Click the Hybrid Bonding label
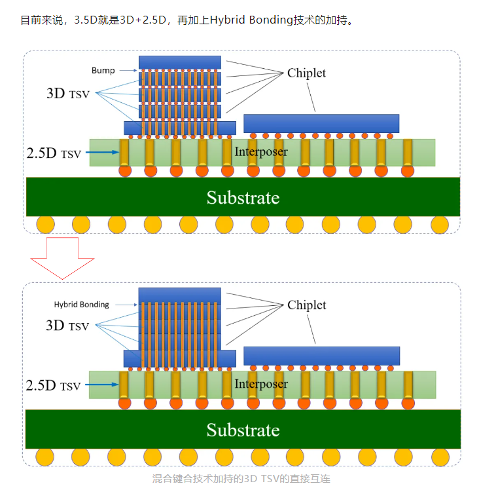[x=81, y=305]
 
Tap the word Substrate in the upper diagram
[x=243, y=197]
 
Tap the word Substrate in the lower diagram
[x=243, y=430]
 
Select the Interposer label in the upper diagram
[x=261, y=152]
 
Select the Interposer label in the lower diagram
[x=261, y=384]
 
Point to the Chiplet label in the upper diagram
[x=306, y=73]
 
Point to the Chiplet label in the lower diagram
[x=306, y=305]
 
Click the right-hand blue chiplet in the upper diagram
[x=321, y=123]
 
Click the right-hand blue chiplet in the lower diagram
[x=321, y=355]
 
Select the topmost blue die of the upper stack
[x=180, y=62]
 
